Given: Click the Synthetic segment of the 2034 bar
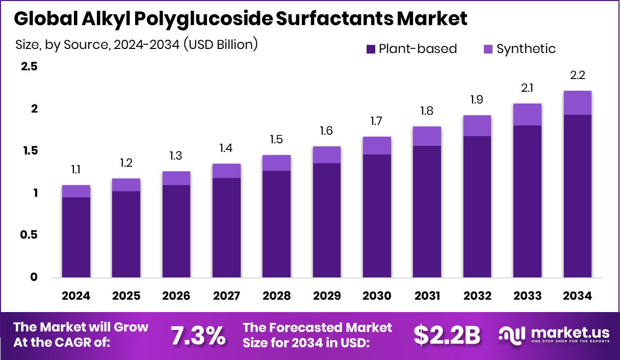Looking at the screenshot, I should point(577,102).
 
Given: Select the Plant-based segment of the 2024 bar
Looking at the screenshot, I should point(76,237).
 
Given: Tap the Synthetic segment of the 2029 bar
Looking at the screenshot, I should point(327,155).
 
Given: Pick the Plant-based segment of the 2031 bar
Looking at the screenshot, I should point(427,212).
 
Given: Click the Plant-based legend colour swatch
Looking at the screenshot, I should point(371,49).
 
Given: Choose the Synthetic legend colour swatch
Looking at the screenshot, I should point(488,49).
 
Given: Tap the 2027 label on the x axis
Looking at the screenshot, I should point(226,296).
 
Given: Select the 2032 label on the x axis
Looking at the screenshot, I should point(477,296).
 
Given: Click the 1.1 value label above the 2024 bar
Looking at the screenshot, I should point(76,170).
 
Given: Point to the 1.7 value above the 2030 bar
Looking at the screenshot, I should point(377,121).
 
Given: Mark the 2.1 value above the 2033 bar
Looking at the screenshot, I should point(527,88).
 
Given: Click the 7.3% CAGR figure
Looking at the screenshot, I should point(197,335).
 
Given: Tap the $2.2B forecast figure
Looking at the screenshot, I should point(447,335).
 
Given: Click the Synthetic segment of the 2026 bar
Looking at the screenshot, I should point(176,178).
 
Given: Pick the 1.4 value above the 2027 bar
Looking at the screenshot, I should point(226,148).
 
